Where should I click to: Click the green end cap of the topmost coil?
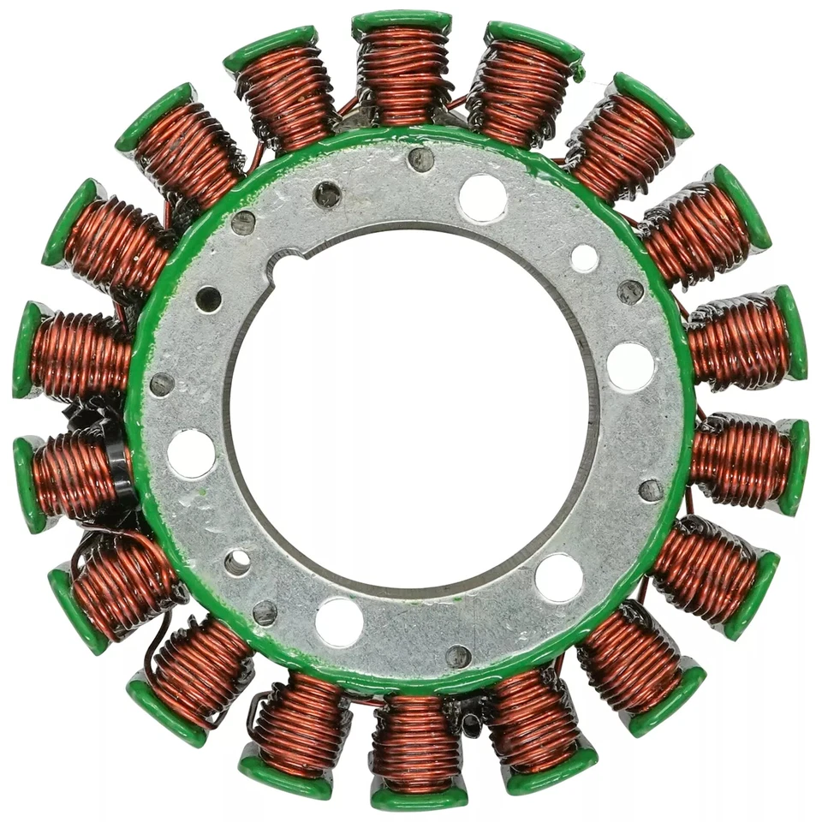point(402,22)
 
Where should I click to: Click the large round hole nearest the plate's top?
point(482,198)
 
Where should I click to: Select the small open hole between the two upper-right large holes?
point(585,257)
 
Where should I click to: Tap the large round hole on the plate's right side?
point(630,366)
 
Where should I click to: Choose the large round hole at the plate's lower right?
point(558,577)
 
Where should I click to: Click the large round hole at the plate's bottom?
point(338,622)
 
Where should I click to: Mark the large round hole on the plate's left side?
point(191,453)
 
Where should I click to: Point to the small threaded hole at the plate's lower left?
point(237,562)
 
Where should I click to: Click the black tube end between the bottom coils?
point(469,724)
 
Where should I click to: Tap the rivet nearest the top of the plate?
point(420,159)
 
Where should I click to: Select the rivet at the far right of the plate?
point(651,490)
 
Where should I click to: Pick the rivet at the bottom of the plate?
point(458,657)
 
